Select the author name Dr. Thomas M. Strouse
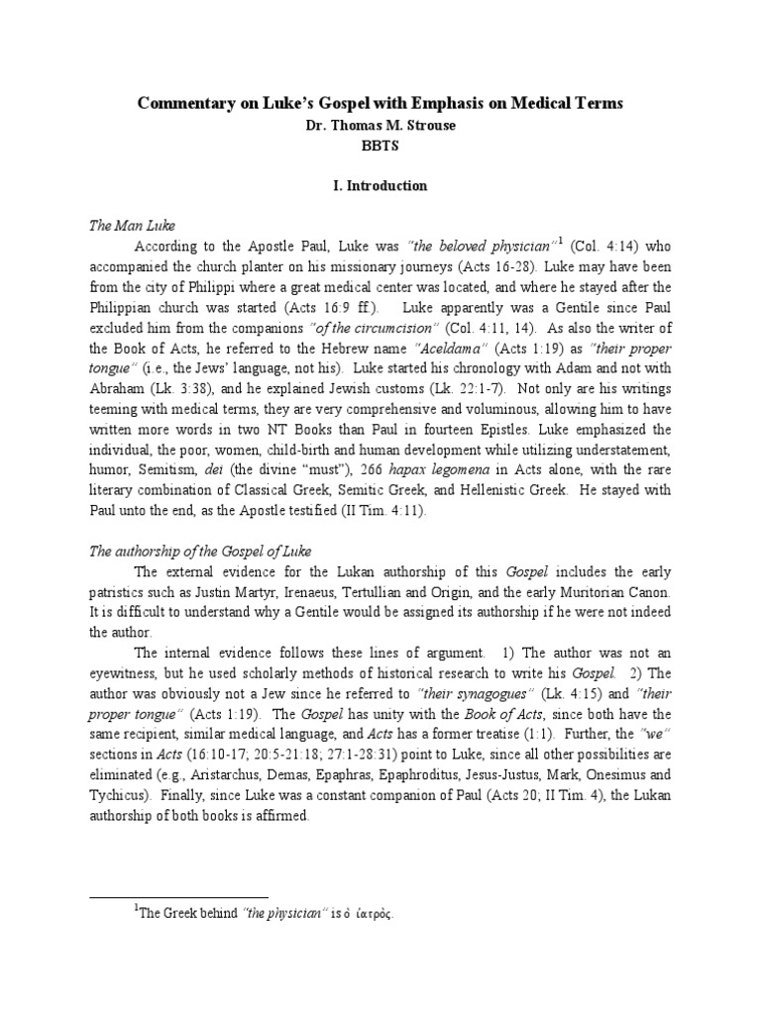coord(380,126)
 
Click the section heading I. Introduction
coord(380,185)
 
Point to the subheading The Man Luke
coord(126,227)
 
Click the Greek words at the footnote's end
coord(373,916)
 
